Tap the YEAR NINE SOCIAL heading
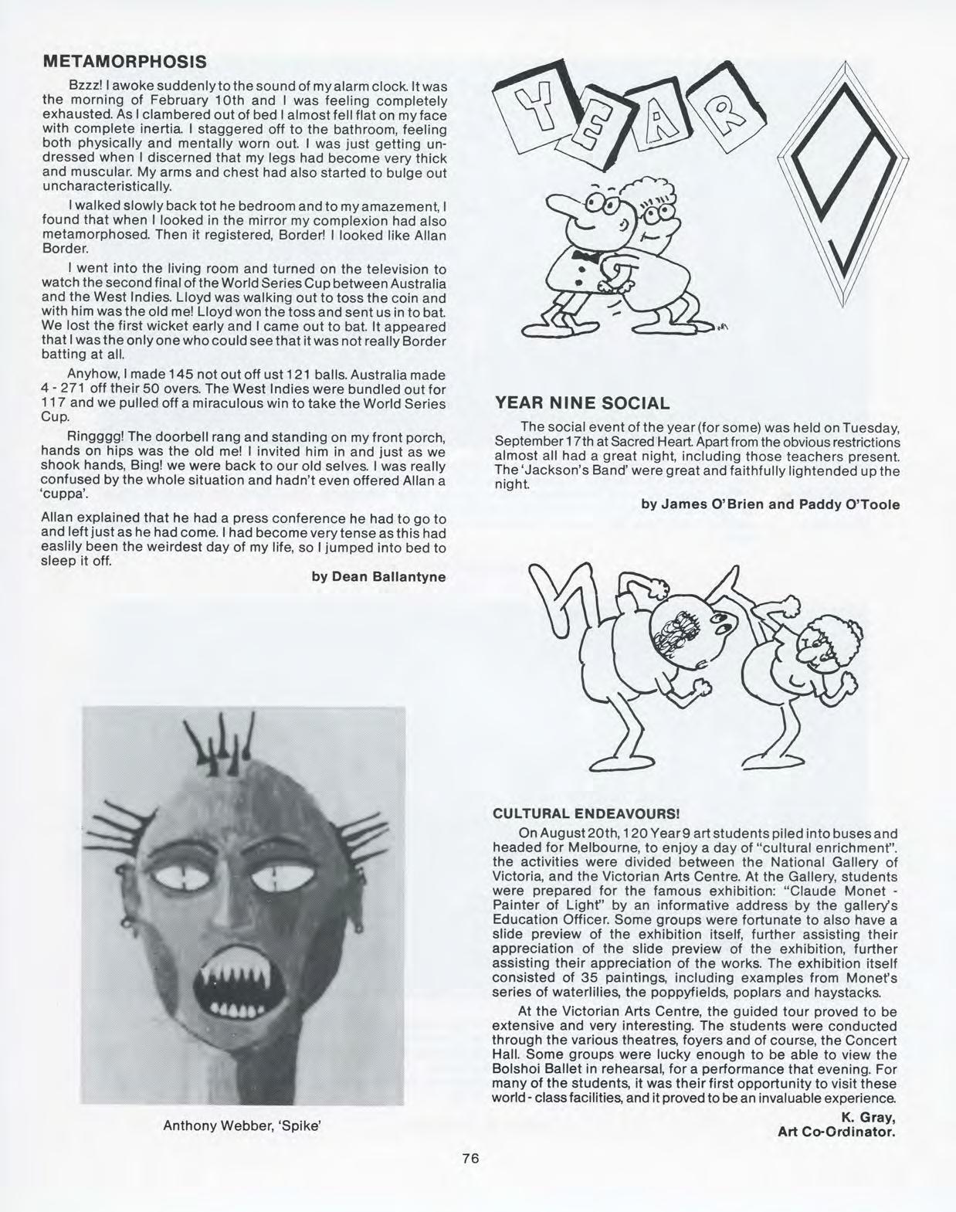click(581, 402)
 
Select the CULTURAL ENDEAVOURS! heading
click(586, 813)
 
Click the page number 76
click(471, 1158)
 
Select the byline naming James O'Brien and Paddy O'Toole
click(770, 504)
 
